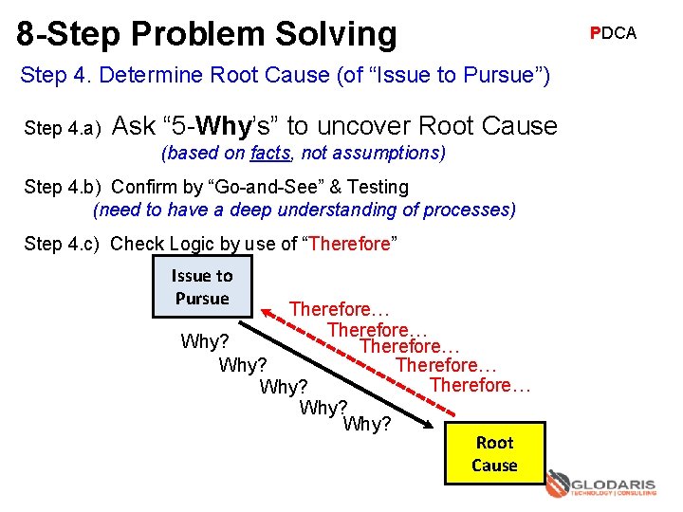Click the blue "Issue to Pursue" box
pyautogui.click(x=201, y=287)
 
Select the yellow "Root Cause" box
pyautogui.click(x=495, y=454)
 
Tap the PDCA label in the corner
pyautogui.click(x=613, y=33)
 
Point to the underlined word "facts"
pyautogui.click(x=271, y=153)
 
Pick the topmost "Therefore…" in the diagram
pyautogui.click(x=340, y=309)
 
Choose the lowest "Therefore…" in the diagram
pyautogui.click(x=480, y=385)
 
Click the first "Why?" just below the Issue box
pyautogui.click(x=204, y=341)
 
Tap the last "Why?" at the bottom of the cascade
pyautogui.click(x=367, y=424)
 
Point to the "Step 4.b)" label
pyautogui.click(x=64, y=187)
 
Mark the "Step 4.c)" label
pyautogui.click(x=64, y=244)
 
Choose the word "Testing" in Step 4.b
pyautogui.click(x=378, y=187)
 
